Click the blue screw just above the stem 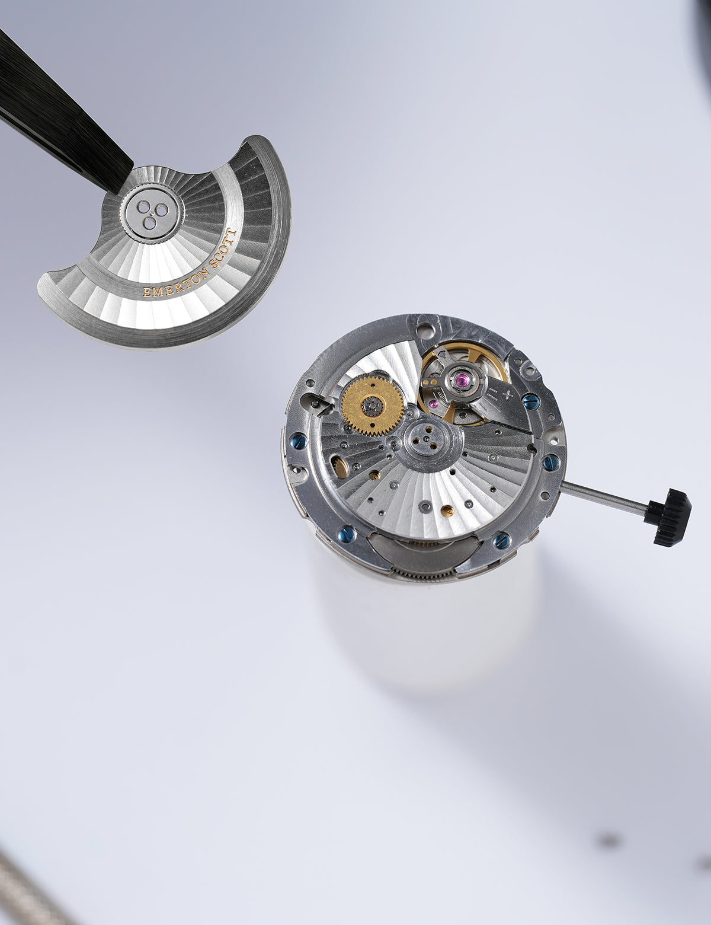pyautogui.click(x=550, y=461)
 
